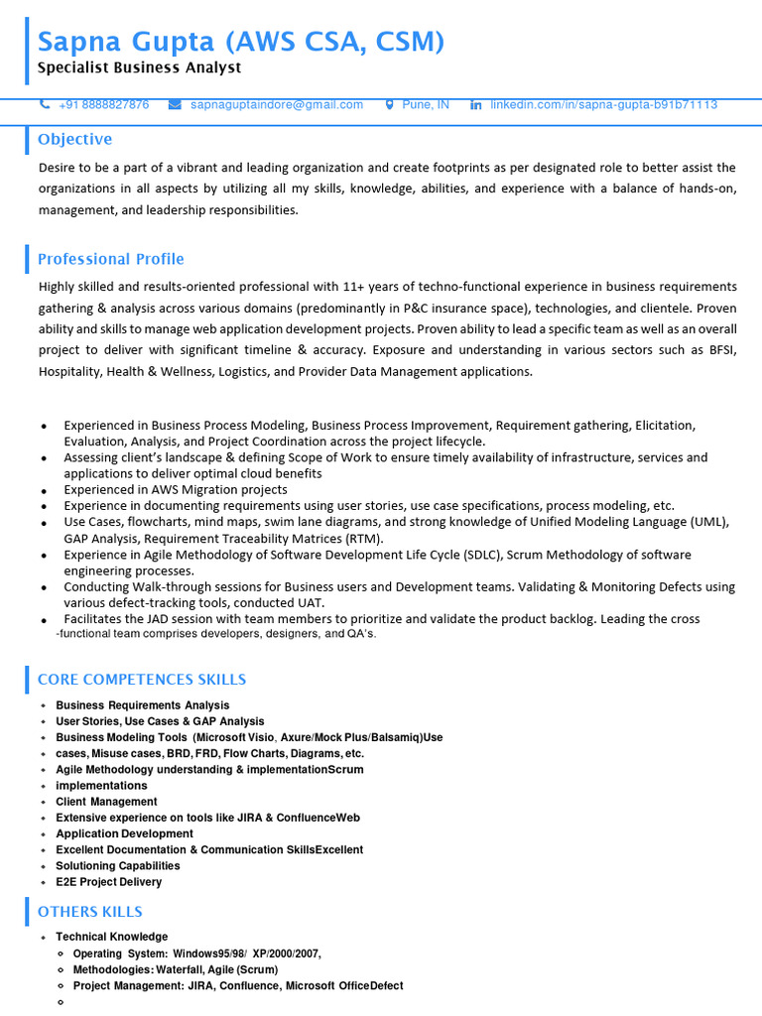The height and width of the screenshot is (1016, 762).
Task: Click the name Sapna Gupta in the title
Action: point(126,42)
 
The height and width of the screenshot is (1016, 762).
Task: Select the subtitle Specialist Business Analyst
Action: point(139,68)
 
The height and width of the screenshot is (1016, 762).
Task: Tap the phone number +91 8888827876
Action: point(104,104)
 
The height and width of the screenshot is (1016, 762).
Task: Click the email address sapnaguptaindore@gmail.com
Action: point(277,104)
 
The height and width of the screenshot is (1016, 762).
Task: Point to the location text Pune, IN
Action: point(426,104)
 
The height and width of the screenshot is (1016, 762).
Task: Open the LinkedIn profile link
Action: point(603,104)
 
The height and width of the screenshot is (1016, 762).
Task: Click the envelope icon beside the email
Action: point(175,104)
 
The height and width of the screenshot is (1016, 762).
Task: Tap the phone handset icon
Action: point(45,104)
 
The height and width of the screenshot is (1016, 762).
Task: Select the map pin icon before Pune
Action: point(389,104)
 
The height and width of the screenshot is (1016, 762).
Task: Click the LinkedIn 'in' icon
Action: point(475,104)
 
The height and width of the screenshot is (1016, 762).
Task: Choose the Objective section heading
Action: point(74,139)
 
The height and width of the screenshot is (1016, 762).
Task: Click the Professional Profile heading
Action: point(110,259)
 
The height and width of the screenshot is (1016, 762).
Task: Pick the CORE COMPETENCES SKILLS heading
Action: point(142,680)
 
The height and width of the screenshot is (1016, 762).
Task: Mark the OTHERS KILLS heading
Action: point(89,911)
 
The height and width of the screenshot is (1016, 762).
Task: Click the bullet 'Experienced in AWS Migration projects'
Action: point(176,489)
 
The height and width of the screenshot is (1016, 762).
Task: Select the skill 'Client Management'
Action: point(106,802)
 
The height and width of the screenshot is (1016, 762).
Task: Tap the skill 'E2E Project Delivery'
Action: point(108,882)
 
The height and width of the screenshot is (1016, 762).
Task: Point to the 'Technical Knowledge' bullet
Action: point(111,937)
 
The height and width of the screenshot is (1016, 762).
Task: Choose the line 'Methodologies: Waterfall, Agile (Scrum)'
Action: point(176,969)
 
